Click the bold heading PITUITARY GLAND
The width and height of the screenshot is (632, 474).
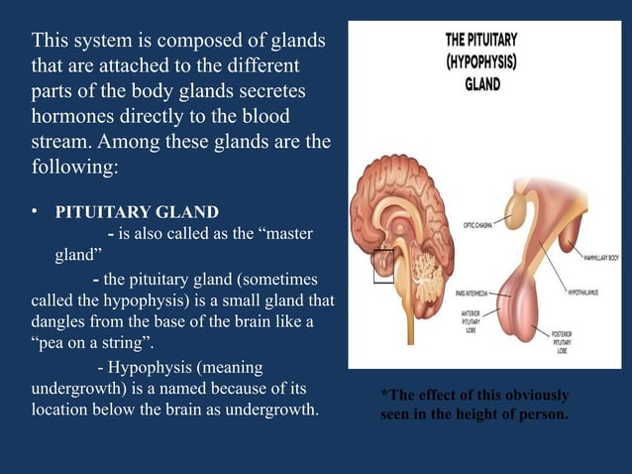[x=137, y=212]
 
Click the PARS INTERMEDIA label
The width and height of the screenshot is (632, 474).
[x=475, y=294]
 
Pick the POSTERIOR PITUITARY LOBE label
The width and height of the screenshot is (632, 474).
[x=569, y=342]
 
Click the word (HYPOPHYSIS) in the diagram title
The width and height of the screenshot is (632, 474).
[x=482, y=61]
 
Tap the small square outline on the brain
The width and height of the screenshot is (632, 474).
[x=382, y=266]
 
